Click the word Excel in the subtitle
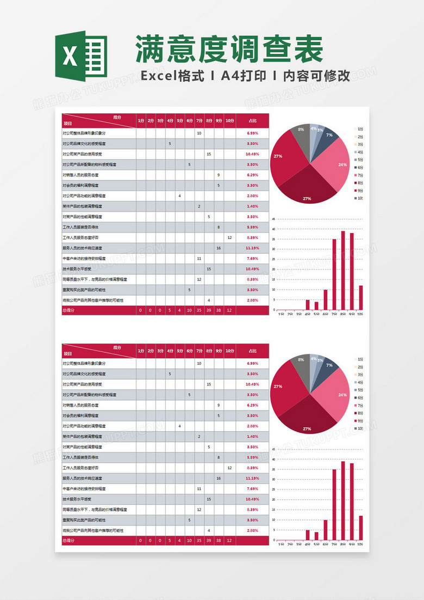(x=158, y=76)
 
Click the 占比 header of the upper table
(x=252, y=120)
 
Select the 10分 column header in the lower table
(x=229, y=351)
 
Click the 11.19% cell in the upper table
(x=252, y=248)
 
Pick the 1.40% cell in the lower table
(x=252, y=437)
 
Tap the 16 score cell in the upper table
(x=219, y=248)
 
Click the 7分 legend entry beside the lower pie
(x=358, y=406)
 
